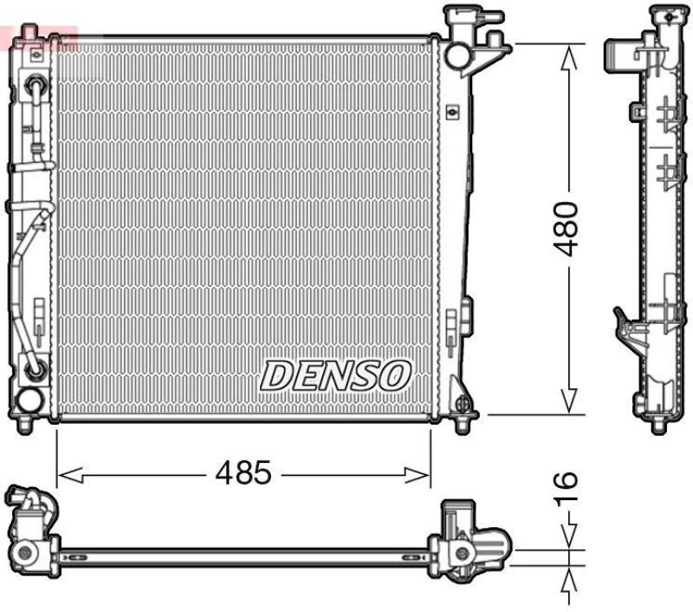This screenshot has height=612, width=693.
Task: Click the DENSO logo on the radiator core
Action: [335, 374]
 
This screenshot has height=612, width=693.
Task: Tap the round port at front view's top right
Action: [457, 55]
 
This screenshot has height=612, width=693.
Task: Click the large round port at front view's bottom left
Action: [29, 400]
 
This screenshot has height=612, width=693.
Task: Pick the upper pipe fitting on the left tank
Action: [36, 86]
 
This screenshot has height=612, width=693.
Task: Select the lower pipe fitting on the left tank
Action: [36, 370]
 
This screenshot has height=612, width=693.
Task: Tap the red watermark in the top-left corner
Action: [39, 36]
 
